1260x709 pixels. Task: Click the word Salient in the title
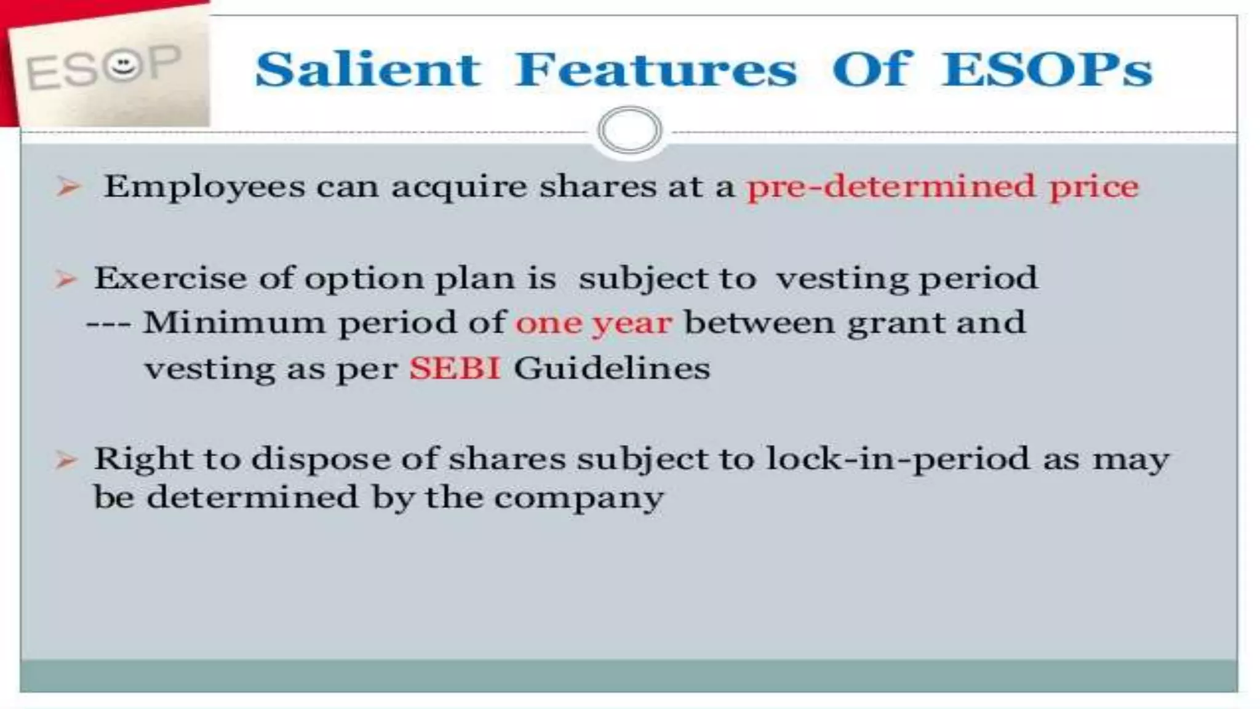(x=367, y=70)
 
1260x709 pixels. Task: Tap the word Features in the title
(x=656, y=70)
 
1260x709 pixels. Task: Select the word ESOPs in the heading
(x=1047, y=70)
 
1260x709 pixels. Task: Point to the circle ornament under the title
(x=629, y=130)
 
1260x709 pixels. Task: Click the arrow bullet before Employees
(x=68, y=186)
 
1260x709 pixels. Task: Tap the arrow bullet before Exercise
(x=66, y=280)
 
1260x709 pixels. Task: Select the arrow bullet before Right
(x=66, y=460)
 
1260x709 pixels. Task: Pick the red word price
(x=1094, y=186)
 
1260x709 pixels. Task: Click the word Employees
(x=204, y=186)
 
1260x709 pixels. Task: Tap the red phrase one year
(x=593, y=323)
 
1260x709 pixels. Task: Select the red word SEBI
(x=455, y=369)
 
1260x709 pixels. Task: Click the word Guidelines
(x=612, y=369)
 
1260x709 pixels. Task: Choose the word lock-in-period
(x=898, y=460)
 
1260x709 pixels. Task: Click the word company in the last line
(x=579, y=498)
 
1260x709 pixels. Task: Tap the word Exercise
(x=170, y=278)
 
